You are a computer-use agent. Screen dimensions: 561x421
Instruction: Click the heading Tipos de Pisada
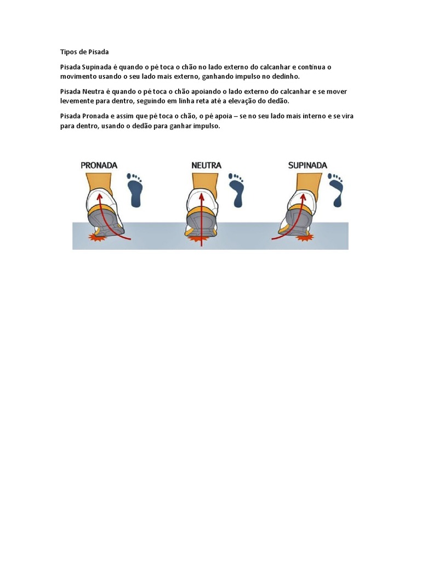pos(84,52)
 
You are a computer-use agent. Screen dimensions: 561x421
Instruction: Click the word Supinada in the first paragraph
pos(96,67)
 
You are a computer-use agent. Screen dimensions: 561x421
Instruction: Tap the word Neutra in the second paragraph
pos(94,91)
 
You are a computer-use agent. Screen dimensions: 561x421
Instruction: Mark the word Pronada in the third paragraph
pos(96,116)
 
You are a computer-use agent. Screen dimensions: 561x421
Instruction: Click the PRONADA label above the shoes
pos(99,164)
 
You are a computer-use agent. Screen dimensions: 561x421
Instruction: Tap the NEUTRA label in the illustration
pos(206,164)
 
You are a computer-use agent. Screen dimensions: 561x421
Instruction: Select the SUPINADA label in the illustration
pos(308,164)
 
